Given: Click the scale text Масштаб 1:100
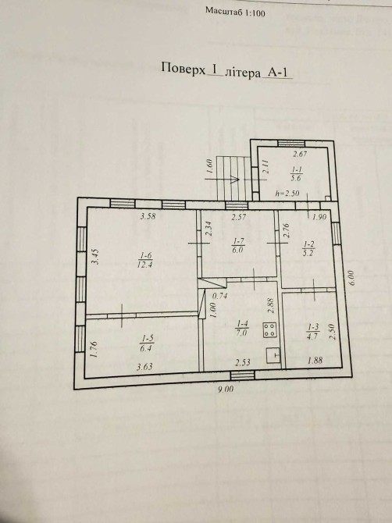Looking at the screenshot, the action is coord(235,12).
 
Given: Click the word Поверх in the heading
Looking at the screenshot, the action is coord(184,68).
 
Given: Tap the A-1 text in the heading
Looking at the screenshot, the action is coord(277,73).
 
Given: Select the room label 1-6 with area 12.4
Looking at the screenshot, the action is coord(145,260).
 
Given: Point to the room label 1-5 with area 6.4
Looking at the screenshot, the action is coord(147,343).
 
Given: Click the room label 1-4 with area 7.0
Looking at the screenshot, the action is coord(241,328).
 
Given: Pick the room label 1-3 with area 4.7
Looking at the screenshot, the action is coord(313,331).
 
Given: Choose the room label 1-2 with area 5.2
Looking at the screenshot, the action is coord(308,248).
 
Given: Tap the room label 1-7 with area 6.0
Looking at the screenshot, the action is coord(237,245).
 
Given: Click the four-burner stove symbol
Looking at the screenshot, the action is coord(269,330).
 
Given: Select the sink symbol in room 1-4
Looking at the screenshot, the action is coord(273,355).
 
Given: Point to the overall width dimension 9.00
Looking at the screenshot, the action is coord(226,389).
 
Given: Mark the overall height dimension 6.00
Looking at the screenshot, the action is coord(352,278).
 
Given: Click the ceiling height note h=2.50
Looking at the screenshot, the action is coord(287,193).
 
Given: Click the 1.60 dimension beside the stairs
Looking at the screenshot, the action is coord(209,166).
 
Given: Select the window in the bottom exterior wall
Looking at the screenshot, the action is coord(243,375).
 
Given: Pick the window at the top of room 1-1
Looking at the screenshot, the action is coord(289,144).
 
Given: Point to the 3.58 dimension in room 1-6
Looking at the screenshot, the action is coord(148,216).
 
